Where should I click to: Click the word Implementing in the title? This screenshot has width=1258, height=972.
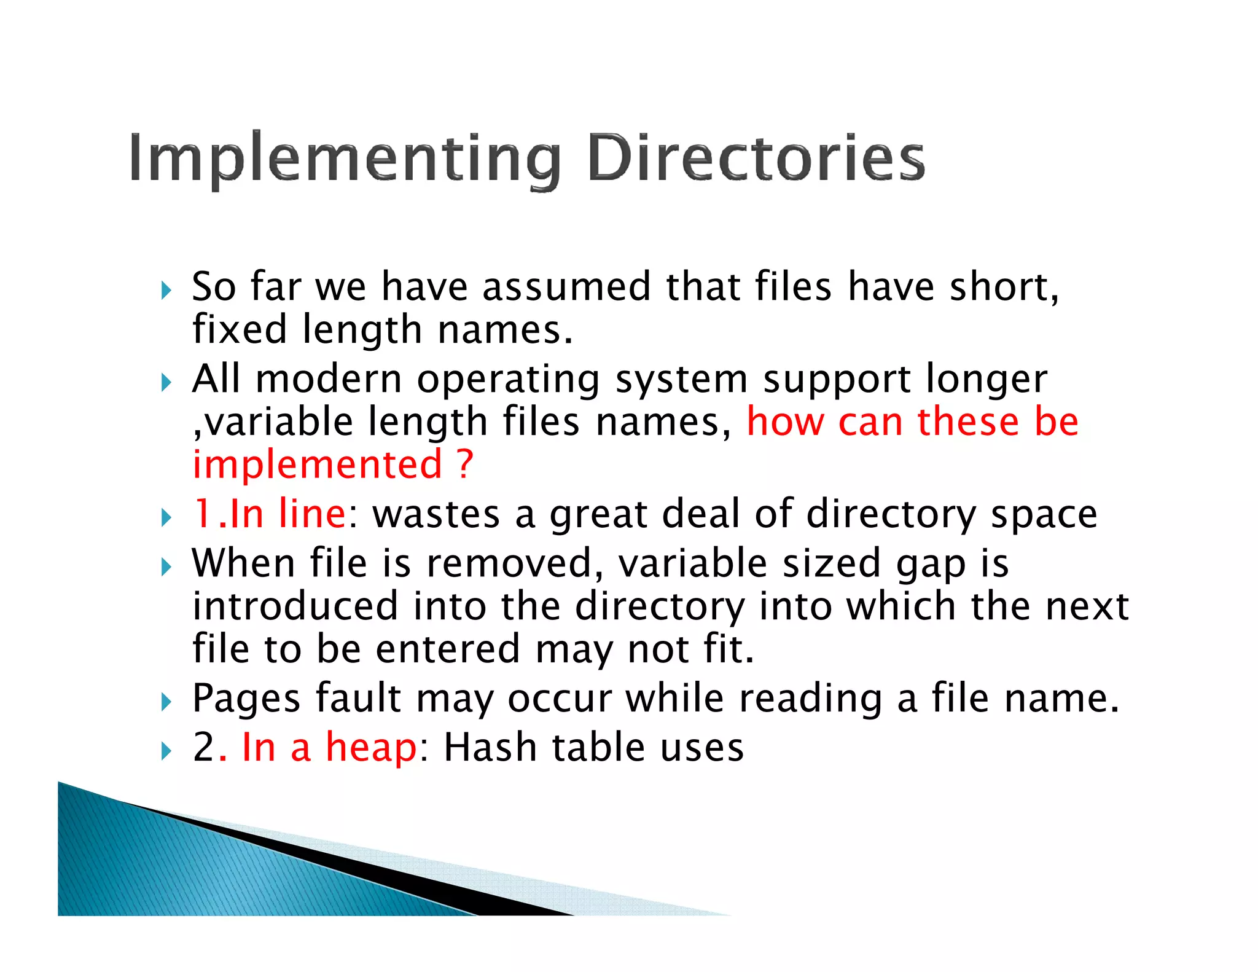tap(345, 159)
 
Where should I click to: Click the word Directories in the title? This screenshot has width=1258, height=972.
tap(756, 158)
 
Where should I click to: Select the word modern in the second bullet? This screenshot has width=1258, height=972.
tap(329, 379)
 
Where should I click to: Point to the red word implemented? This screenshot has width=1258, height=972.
tap(317, 464)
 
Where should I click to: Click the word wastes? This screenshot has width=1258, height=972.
tap(436, 515)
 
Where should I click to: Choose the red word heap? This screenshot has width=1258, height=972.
tap(371, 748)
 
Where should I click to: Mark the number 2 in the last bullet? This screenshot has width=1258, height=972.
tap(203, 748)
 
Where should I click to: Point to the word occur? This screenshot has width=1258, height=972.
tap(560, 699)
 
